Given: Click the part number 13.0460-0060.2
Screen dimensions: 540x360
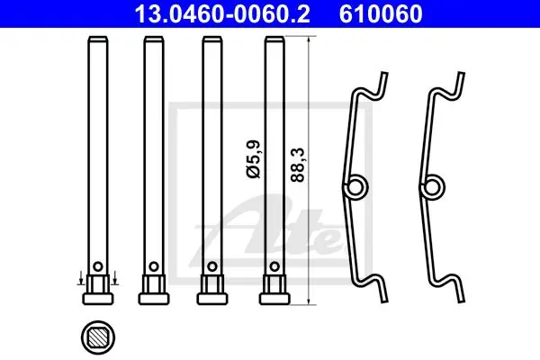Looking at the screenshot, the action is pyautogui.click(x=222, y=13).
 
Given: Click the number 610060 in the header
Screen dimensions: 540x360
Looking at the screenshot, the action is pyautogui.click(x=381, y=13).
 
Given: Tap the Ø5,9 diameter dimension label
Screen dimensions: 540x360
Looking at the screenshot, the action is pyautogui.click(x=254, y=159).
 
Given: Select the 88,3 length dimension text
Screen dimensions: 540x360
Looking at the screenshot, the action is pyautogui.click(x=298, y=165).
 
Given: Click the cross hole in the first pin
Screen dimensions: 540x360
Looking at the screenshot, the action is pyautogui.click(x=98, y=266).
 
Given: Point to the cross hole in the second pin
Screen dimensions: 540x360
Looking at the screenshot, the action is pyautogui.click(x=154, y=266).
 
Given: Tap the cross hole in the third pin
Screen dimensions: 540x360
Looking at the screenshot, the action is pyautogui.click(x=212, y=266).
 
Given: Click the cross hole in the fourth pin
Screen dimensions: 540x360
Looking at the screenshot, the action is pyautogui.click(x=274, y=266).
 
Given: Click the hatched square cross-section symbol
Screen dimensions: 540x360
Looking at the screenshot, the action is pyautogui.click(x=98, y=337).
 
